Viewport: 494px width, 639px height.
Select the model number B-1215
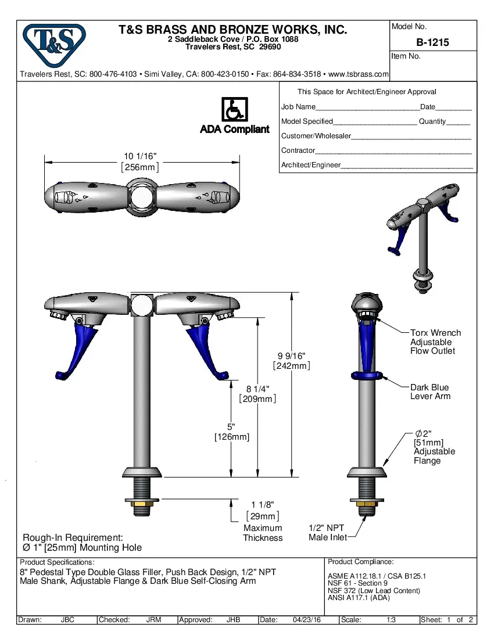point(432,42)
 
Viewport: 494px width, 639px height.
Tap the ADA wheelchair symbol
point(234,110)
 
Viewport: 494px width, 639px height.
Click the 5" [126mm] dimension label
point(231,432)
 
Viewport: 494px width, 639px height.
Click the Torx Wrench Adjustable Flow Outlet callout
point(435,342)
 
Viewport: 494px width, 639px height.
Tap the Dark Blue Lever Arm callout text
point(430,392)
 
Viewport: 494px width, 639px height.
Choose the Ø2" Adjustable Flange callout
point(434,447)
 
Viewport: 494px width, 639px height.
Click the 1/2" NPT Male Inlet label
point(327,533)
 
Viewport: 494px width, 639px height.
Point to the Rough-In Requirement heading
point(73,538)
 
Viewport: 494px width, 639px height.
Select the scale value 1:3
point(392,620)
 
